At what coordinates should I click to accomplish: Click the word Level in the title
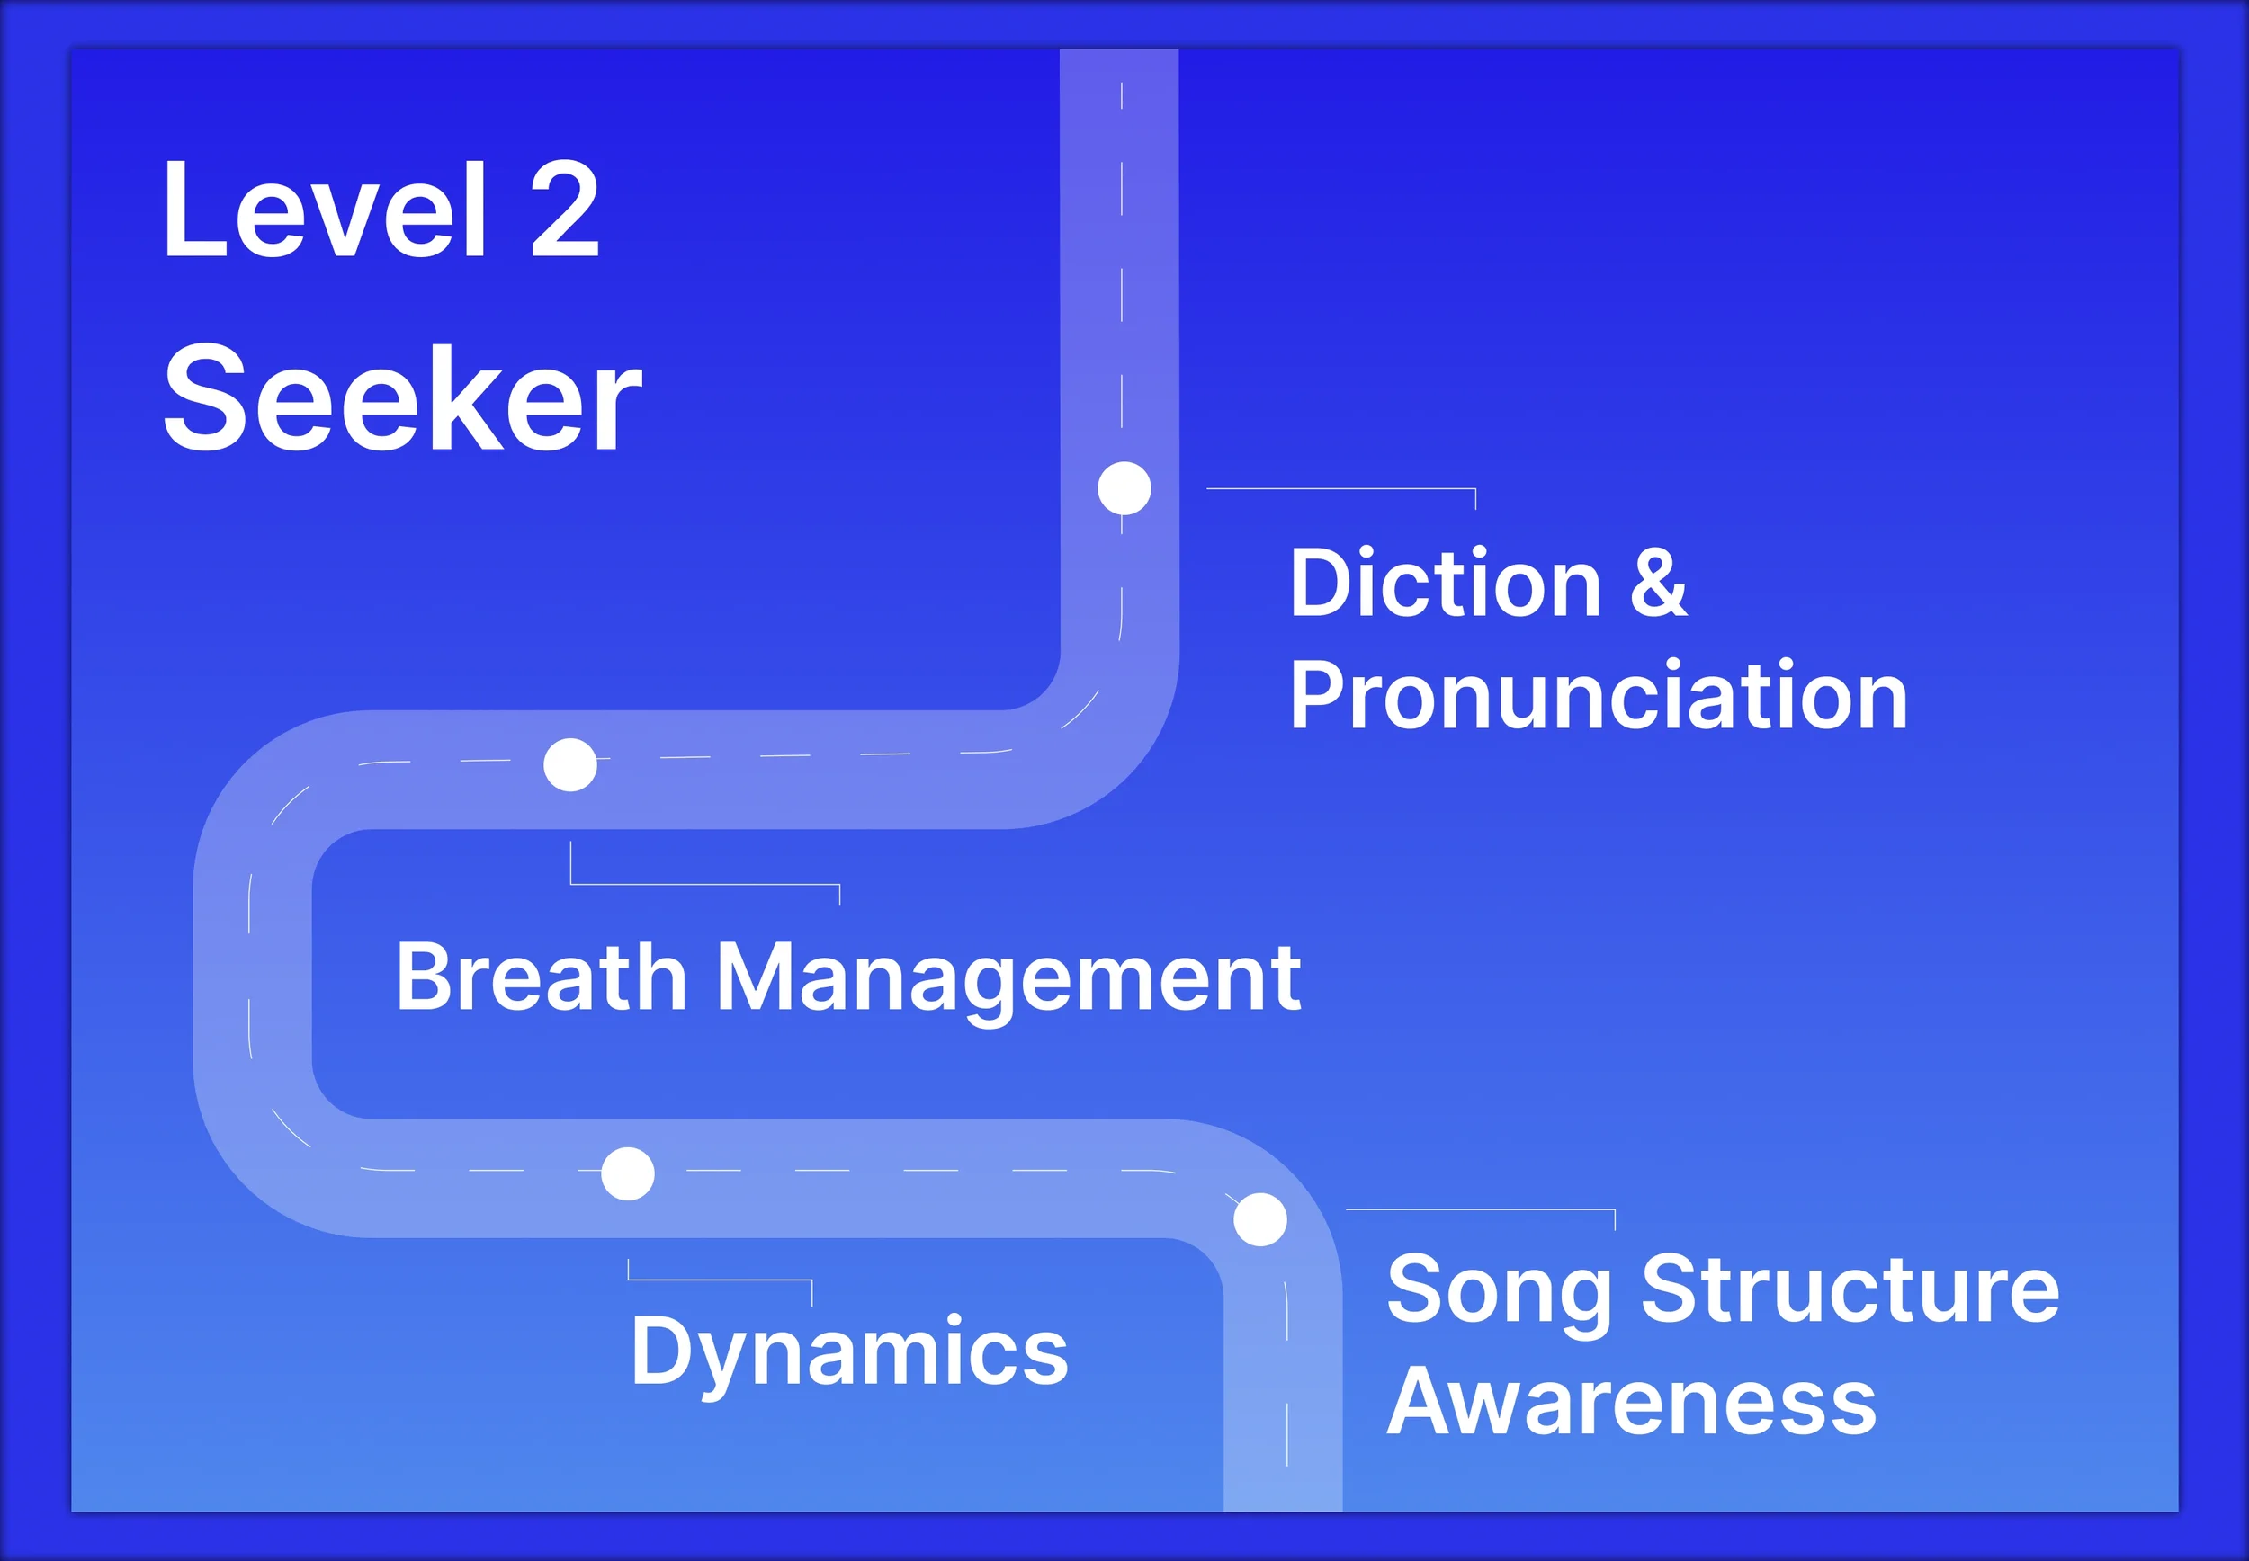[x=324, y=210]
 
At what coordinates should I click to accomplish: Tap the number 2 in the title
[x=564, y=210]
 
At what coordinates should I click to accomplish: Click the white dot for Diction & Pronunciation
[x=1124, y=488]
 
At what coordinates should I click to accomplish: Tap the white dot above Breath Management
[x=570, y=765]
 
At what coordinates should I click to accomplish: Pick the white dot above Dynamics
[x=627, y=1173]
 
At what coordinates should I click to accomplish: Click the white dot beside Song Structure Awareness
[x=1260, y=1219]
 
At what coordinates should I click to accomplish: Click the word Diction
[x=1445, y=584]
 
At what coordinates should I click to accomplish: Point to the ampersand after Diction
[x=1658, y=584]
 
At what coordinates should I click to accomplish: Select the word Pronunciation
[x=1598, y=695]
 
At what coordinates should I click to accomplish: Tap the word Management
[x=1008, y=978]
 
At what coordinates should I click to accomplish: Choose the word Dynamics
[x=849, y=1352]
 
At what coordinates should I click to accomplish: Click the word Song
[x=1498, y=1290]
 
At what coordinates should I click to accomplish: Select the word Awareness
[x=1631, y=1402]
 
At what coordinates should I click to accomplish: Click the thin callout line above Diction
[x=1340, y=488]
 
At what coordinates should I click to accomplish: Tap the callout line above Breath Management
[x=704, y=884]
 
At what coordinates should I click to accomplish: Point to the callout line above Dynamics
[x=719, y=1280]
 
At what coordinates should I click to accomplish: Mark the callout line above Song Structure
[x=1479, y=1210]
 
